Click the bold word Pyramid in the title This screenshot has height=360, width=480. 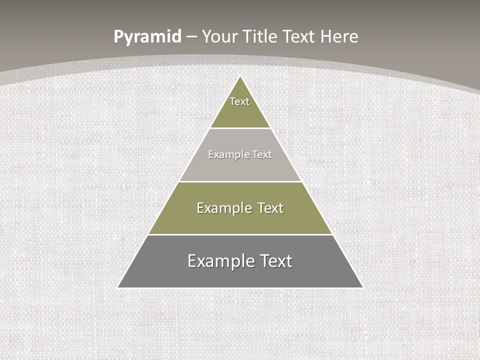(x=147, y=37)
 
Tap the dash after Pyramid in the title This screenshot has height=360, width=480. (x=192, y=37)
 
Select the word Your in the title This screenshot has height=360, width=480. (x=219, y=37)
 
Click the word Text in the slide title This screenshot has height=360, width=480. (x=299, y=37)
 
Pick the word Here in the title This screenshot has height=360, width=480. (x=339, y=37)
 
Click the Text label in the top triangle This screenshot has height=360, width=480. (x=239, y=101)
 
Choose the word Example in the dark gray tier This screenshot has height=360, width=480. (x=220, y=261)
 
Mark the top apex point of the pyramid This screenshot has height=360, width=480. (x=240, y=76)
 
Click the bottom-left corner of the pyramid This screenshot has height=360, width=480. (x=118, y=287)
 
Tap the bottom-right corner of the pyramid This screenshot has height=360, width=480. (x=362, y=287)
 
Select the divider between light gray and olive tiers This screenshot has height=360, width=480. (x=240, y=181)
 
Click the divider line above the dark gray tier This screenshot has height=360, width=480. (x=240, y=234)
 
